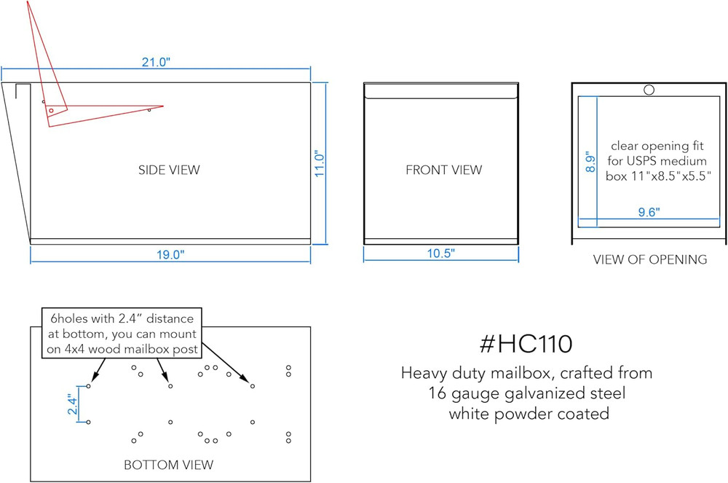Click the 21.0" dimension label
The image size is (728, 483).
156,62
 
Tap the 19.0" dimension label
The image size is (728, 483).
170,254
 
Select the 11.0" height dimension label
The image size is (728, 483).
320,163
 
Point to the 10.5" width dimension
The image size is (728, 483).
440,253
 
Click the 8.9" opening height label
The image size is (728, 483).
590,162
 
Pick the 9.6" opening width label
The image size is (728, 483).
649,212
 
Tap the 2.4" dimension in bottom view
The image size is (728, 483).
72,404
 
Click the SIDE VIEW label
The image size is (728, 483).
169,170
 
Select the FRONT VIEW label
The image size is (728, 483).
444,170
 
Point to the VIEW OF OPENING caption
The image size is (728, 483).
650,259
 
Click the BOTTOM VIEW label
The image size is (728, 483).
169,465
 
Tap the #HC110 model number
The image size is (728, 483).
526,344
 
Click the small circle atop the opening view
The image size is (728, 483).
649,90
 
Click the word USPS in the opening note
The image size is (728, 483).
641,161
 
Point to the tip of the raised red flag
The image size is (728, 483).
28,1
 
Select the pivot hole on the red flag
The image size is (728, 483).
51,111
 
